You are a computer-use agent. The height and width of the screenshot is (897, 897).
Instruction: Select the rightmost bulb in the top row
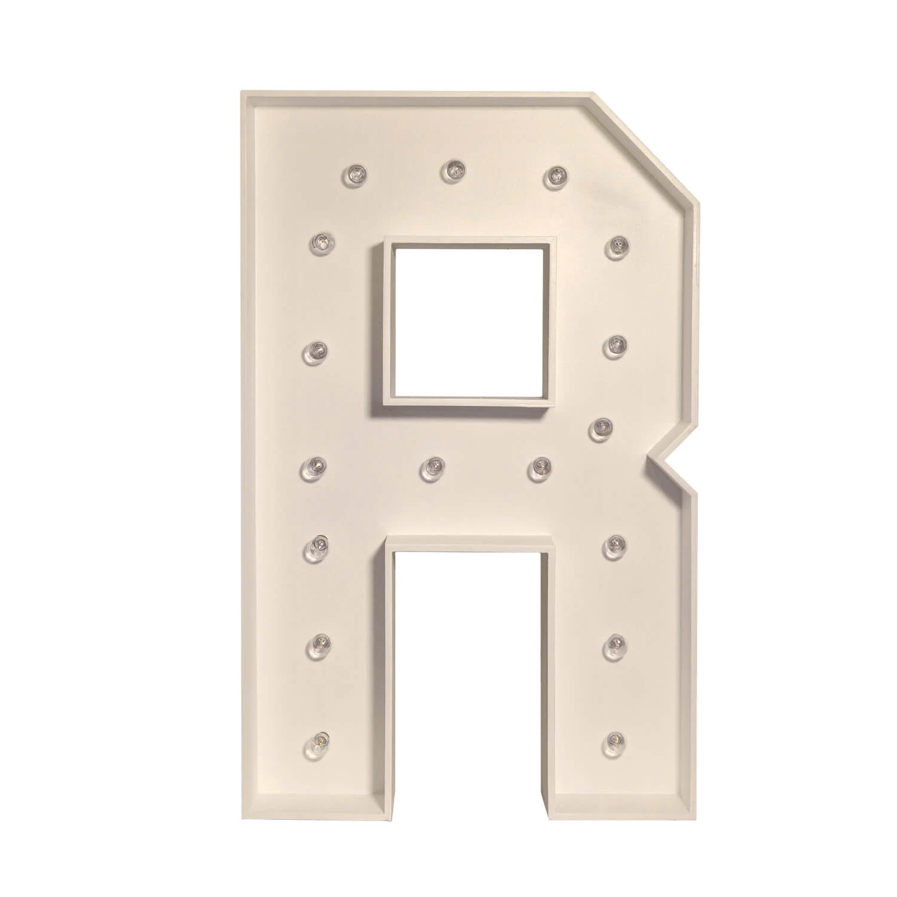coord(556,175)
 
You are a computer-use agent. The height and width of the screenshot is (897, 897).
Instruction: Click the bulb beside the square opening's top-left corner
coord(321,242)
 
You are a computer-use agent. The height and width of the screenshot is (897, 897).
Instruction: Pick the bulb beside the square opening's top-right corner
coord(617,246)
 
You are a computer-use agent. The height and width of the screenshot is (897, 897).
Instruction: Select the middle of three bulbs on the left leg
coord(320,645)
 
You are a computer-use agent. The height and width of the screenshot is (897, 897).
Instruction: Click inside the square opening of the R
coord(471,323)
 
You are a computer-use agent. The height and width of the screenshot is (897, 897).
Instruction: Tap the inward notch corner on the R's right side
coord(656,460)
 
